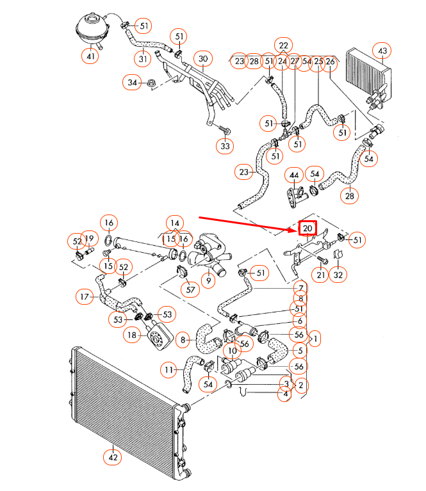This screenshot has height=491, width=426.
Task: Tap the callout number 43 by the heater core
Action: pyautogui.click(x=382, y=51)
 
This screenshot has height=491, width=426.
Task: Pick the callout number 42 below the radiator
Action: pyautogui.click(x=113, y=457)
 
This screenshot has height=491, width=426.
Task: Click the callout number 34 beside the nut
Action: pyautogui.click(x=133, y=83)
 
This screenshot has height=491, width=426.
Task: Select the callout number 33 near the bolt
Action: pyautogui.click(x=224, y=147)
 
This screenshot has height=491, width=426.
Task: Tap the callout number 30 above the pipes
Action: pyautogui.click(x=203, y=59)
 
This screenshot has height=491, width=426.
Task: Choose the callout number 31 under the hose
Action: pyautogui.click(x=143, y=58)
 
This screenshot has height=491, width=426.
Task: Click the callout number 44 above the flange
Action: pyautogui.click(x=294, y=175)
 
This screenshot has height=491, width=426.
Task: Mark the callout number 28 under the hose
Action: pyautogui.click(x=350, y=196)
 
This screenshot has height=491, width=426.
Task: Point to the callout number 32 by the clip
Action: pyautogui.click(x=339, y=275)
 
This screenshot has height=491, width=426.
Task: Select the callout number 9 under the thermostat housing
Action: pyautogui.click(x=208, y=280)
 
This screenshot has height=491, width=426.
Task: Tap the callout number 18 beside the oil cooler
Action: pyautogui.click(x=132, y=335)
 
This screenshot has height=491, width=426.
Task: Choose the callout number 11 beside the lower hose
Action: pyautogui.click(x=168, y=369)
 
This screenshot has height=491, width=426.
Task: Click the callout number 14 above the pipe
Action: pyautogui.click(x=174, y=223)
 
